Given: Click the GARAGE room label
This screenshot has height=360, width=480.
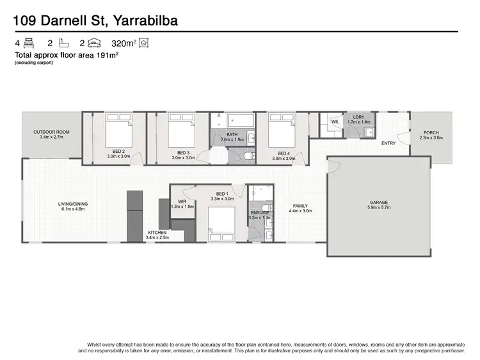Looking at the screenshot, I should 378,203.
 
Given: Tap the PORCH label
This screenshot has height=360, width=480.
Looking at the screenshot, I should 431,132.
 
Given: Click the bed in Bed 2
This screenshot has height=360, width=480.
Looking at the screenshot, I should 118,130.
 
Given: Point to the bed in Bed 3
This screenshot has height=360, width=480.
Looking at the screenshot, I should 182,130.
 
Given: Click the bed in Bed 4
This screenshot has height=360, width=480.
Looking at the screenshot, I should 281,130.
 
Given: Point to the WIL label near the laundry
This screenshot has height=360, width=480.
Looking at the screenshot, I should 335,121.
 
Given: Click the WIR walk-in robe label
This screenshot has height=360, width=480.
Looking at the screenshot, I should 182,201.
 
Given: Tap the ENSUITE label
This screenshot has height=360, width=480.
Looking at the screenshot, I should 260,212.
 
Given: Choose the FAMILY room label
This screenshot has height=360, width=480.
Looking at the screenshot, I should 300,206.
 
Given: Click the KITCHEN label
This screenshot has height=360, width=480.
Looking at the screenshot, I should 157,232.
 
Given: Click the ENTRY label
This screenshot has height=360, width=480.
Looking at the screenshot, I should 388,143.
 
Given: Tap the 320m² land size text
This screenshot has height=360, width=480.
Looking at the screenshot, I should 123,43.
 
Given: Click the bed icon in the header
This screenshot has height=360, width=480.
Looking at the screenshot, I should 28,43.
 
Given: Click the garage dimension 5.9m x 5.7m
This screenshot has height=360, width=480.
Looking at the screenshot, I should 378,207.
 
